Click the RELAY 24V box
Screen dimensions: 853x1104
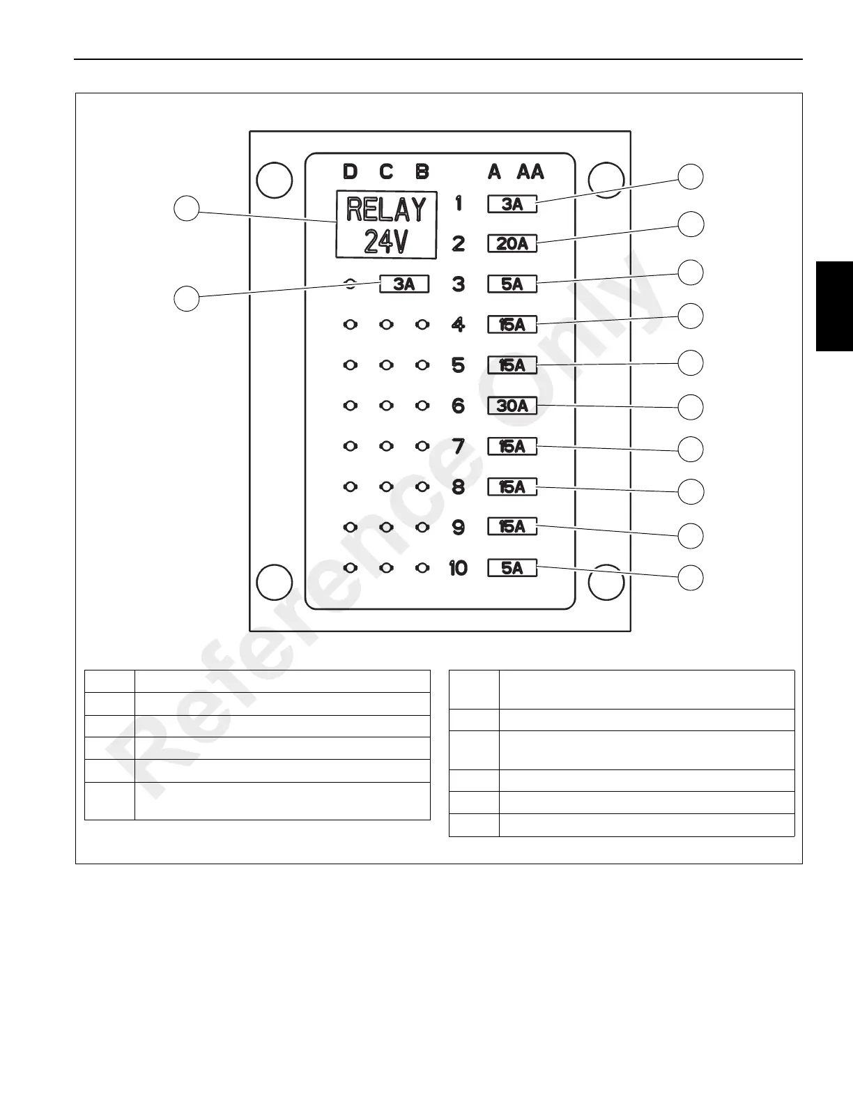coord(387,224)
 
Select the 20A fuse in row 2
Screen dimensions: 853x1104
coord(512,243)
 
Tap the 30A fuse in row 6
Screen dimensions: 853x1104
coord(512,405)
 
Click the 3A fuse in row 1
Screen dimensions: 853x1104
coord(512,204)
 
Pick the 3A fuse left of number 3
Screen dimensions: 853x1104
coord(404,284)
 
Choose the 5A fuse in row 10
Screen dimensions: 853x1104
coord(512,568)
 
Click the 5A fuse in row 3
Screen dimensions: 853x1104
coord(512,284)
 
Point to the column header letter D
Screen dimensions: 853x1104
coord(350,171)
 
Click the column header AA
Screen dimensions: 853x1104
coord(530,171)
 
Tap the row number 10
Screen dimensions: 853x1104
coord(458,568)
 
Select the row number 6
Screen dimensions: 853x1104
coord(458,406)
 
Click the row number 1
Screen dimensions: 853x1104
coord(458,204)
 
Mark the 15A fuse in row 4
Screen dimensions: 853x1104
coord(512,324)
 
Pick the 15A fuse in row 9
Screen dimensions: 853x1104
coord(512,527)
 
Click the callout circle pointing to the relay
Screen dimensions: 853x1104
coord(187,208)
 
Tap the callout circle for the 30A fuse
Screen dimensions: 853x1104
coord(691,407)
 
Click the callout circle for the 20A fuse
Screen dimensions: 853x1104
coord(691,224)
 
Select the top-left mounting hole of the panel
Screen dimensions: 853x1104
coord(274,180)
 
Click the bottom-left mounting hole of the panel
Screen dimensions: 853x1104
coord(274,582)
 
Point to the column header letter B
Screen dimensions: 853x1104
coord(422,171)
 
